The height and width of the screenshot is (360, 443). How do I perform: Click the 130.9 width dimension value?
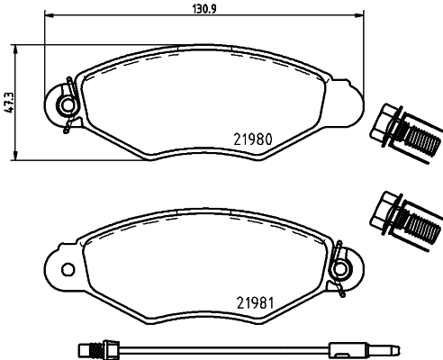click(x=203, y=9)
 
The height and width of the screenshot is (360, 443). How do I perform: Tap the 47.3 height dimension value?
click(x=9, y=103)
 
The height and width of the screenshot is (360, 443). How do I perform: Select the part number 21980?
click(x=253, y=139)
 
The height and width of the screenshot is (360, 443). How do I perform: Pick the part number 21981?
click(x=256, y=303)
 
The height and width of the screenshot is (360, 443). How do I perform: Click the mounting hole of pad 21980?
click(x=68, y=104)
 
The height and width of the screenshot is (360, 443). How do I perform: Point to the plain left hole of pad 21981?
click(x=68, y=269)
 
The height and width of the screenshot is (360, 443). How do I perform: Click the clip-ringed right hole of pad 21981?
click(x=340, y=268)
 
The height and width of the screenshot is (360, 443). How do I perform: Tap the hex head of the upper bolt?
click(x=384, y=124)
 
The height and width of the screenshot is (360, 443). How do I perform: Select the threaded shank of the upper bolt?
click(x=421, y=139)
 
